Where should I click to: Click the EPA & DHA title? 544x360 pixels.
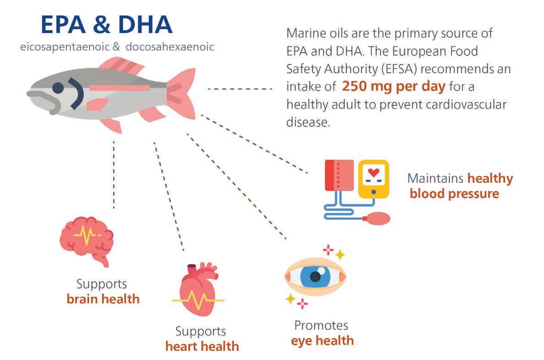pos(106,25)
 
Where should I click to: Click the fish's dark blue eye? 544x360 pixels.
pos(58,87)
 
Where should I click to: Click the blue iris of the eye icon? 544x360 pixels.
pos(315,277)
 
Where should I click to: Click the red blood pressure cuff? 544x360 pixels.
pos(339,175)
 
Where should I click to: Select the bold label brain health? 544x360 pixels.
pos(103,299)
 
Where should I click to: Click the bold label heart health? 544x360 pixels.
pos(202,346)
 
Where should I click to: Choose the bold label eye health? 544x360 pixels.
pos(322,340)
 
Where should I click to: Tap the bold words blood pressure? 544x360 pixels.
pos(454,193)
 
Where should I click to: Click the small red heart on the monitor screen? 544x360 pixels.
pos(374,173)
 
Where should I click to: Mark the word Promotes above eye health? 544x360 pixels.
pos(321,326)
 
